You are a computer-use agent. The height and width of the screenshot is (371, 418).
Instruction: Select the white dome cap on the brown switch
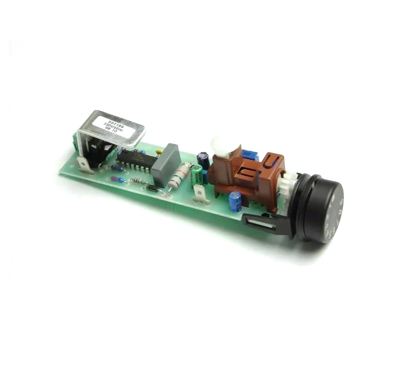pyautogui.click(x=220, y=145)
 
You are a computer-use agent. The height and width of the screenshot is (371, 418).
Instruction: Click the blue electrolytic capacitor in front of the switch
pyautogui.click(x=235, y=201)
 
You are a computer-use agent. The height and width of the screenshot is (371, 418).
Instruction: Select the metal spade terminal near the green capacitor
pyautogui.click(x=200, y=195)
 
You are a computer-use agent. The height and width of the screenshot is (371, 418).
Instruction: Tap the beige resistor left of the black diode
pyautogui.click(x=139, y=181)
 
